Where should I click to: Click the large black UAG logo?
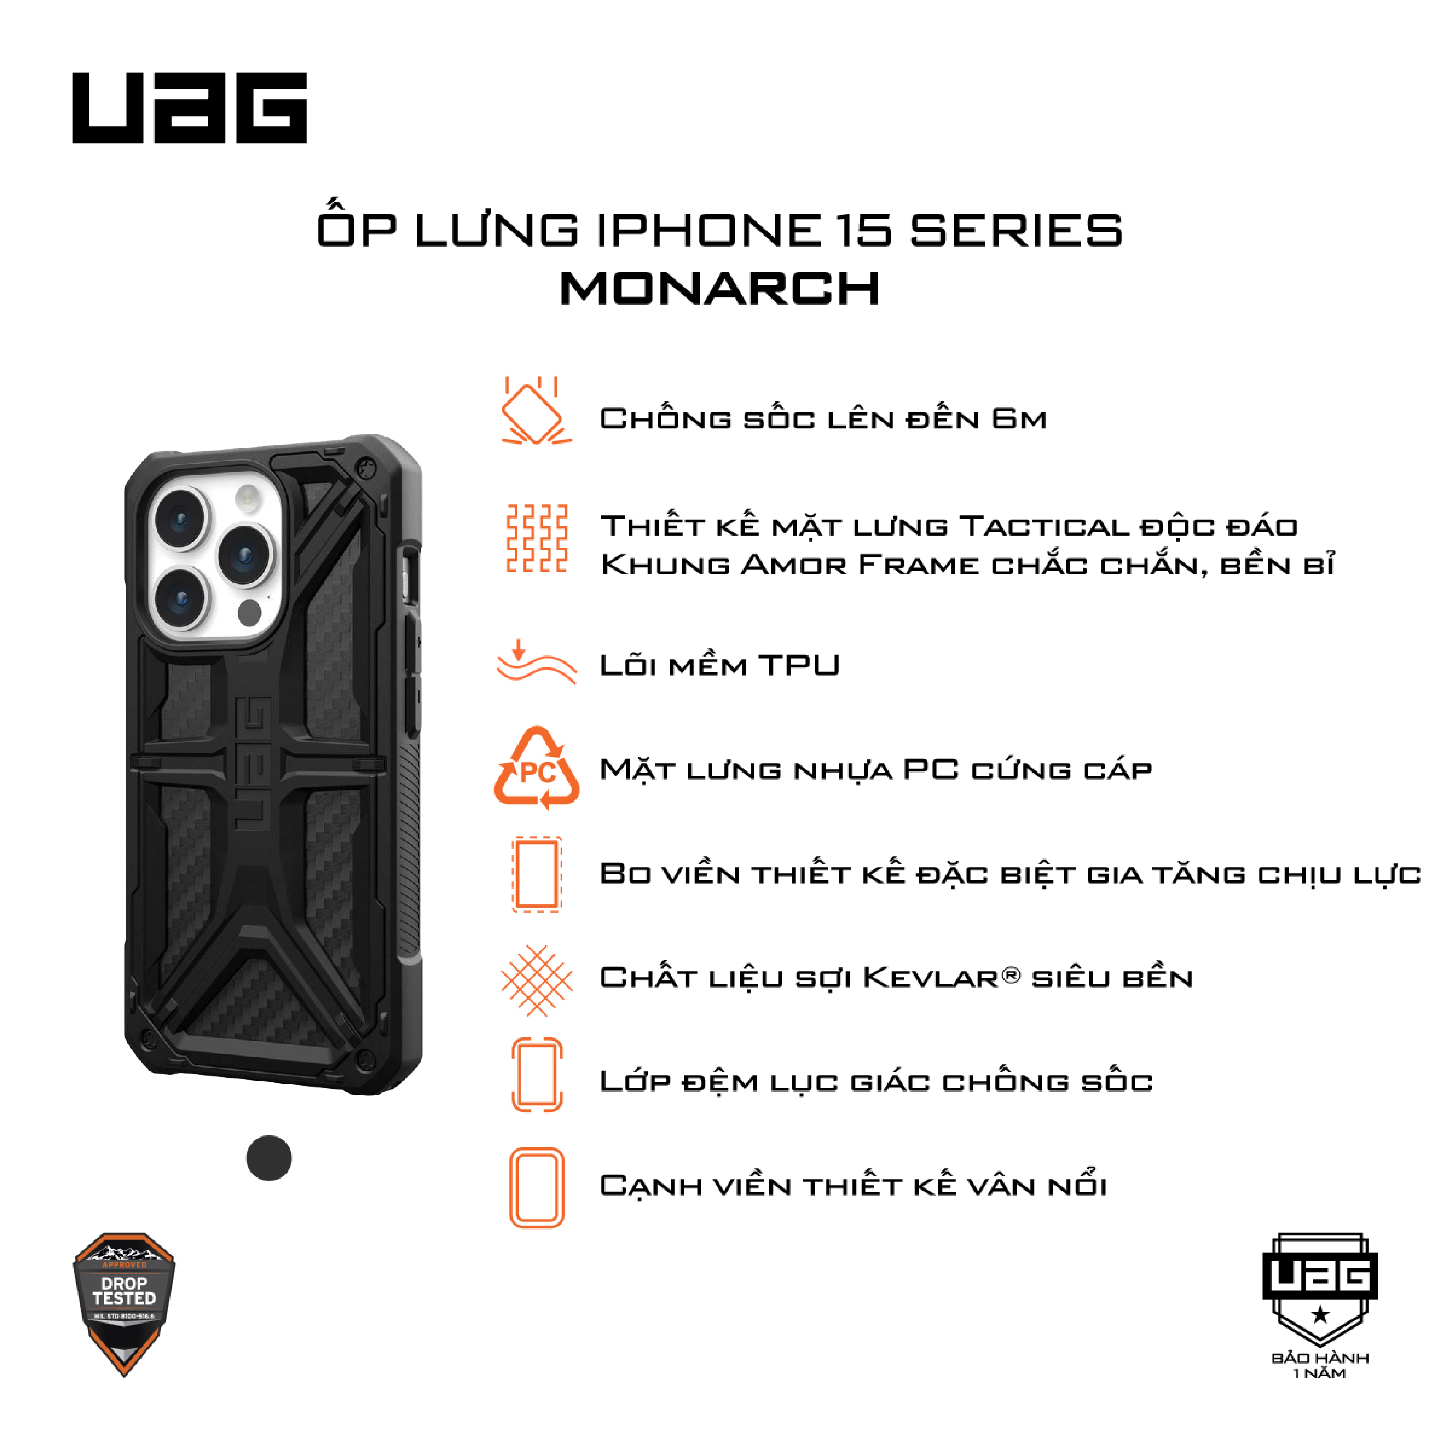click(189, 107)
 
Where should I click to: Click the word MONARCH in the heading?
click(720, 288)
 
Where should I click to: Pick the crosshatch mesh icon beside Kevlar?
click(536, 981)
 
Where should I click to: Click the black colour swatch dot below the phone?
click(269, 1158)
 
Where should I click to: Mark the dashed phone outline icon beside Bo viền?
click(536, 874)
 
